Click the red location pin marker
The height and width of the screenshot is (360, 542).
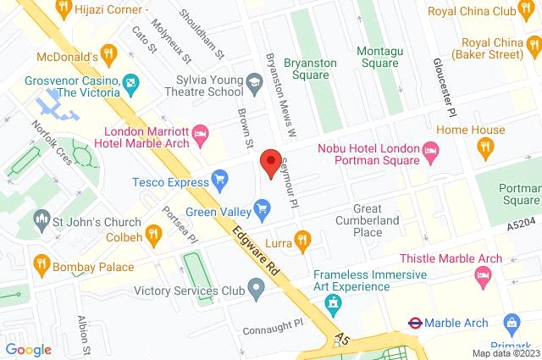(x=270, y=162)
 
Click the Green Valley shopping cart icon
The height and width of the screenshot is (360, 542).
(x=263, y=207)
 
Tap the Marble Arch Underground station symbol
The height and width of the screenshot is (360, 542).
(x=416, y=323)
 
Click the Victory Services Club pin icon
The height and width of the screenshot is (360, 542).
(x=257, y=291)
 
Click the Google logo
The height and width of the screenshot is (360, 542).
(x=29, y=349)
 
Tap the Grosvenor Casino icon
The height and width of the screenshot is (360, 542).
(x=130, y=83)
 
